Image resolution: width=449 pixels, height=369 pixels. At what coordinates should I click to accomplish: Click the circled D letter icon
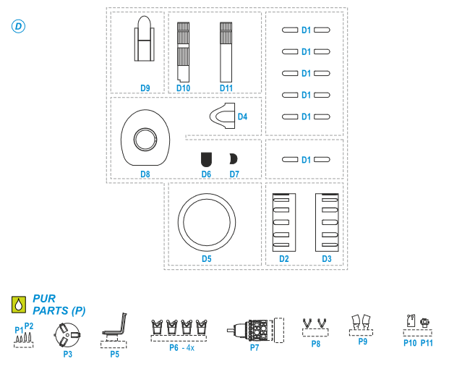click(18, 26)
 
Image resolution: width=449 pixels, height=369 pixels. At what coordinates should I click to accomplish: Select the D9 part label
click(145, 88)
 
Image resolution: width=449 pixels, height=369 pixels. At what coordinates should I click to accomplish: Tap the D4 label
click(242, 116)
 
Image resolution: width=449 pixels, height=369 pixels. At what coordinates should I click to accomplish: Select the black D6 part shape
click(206, 159)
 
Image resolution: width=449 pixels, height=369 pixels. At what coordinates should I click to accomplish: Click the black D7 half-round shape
click(232, 159)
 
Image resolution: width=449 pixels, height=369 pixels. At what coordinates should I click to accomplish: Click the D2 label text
click(284, 258)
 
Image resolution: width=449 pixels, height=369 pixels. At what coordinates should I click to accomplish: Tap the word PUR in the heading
click(44, 298)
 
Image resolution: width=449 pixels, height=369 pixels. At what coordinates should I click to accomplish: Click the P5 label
click(114, 355)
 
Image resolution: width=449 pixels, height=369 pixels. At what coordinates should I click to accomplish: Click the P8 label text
click(316, 344)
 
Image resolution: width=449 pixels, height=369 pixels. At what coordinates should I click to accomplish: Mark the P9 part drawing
click(361, 321)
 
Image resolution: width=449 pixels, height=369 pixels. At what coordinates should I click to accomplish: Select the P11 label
click(427, 343)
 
